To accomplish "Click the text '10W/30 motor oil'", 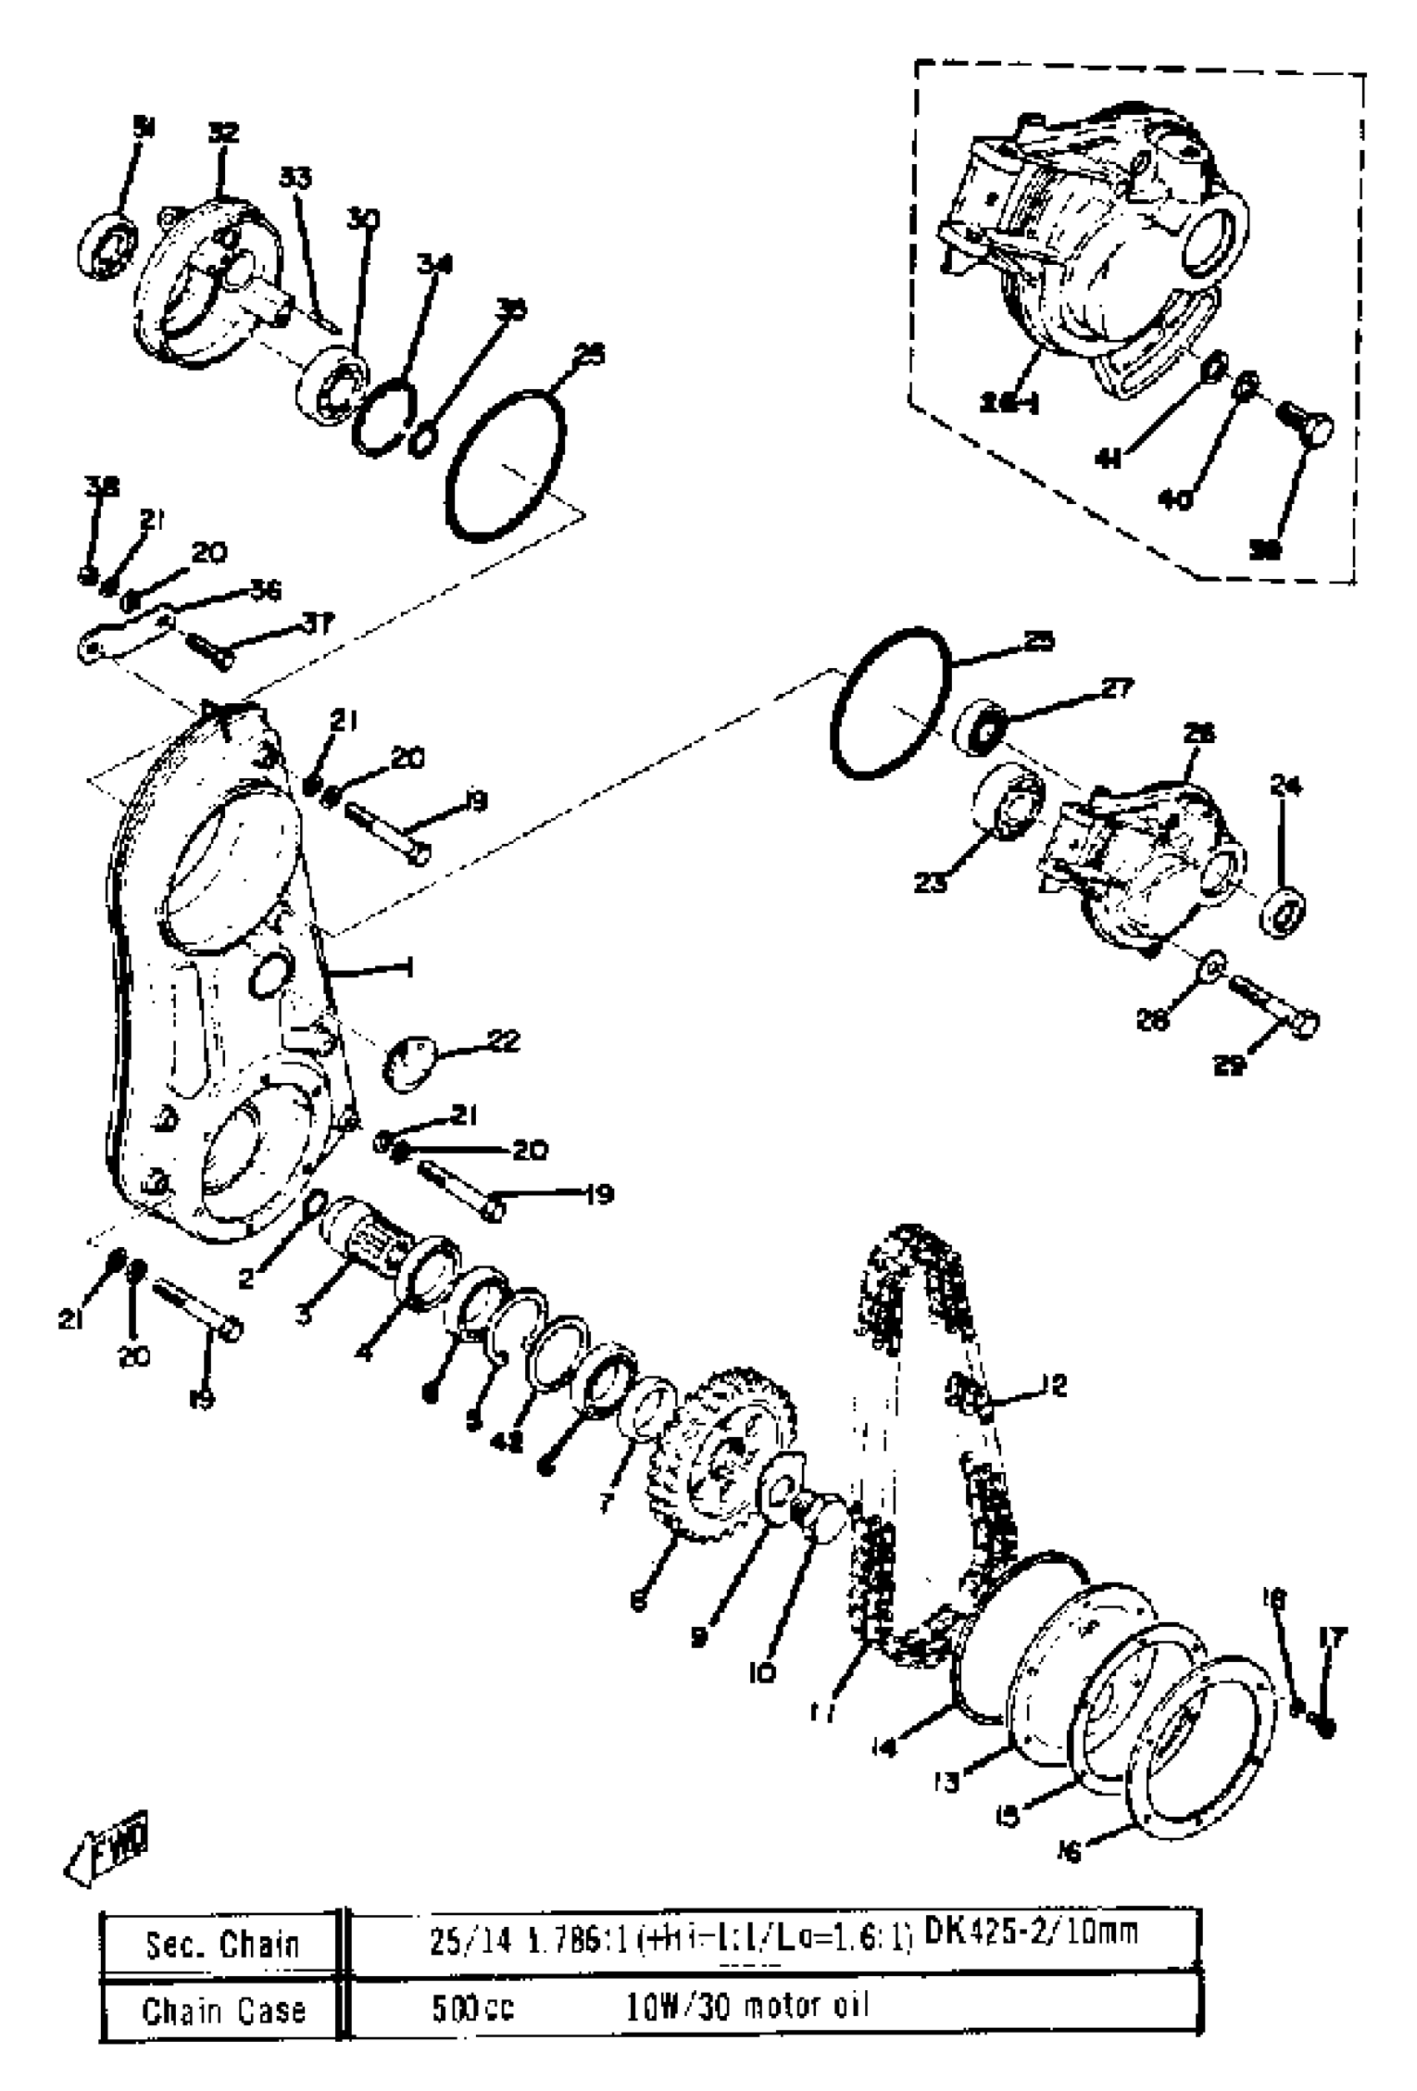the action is (x=747, y=2008).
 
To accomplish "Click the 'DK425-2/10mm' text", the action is (x=1031, y=1933).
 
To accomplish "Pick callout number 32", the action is (x=223, y=134).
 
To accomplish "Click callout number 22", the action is (x=503, y=1041).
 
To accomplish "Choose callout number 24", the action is (x=1285, y=786).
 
